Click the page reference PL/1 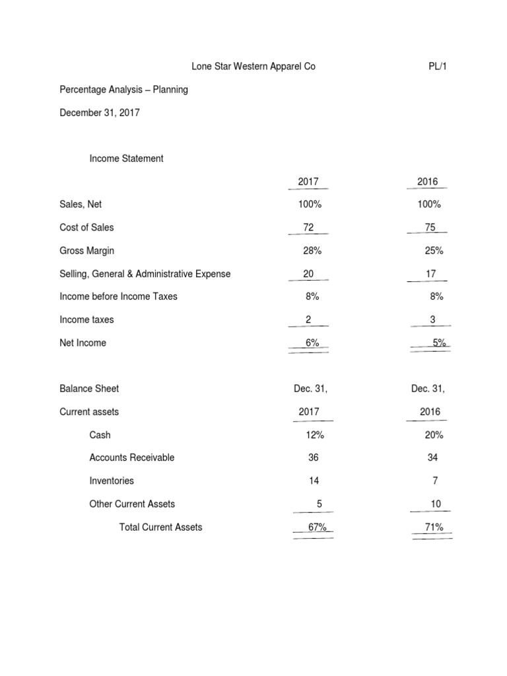pos(439,67)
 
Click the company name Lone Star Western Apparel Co pos(249,67)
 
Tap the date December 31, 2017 pos(100,113)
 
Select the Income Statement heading pos(127,158)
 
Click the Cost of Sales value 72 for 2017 pos(308,227)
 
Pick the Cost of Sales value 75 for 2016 pos(430,227)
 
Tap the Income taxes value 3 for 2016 pos(432,320)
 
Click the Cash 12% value pos(314,435)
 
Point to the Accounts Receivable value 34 pos(432,457)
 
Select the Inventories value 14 pos(314,481)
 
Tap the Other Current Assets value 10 pos(435,504)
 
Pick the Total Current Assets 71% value pos(434,527)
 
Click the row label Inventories pos(112,481)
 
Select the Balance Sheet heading pos(89,389)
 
